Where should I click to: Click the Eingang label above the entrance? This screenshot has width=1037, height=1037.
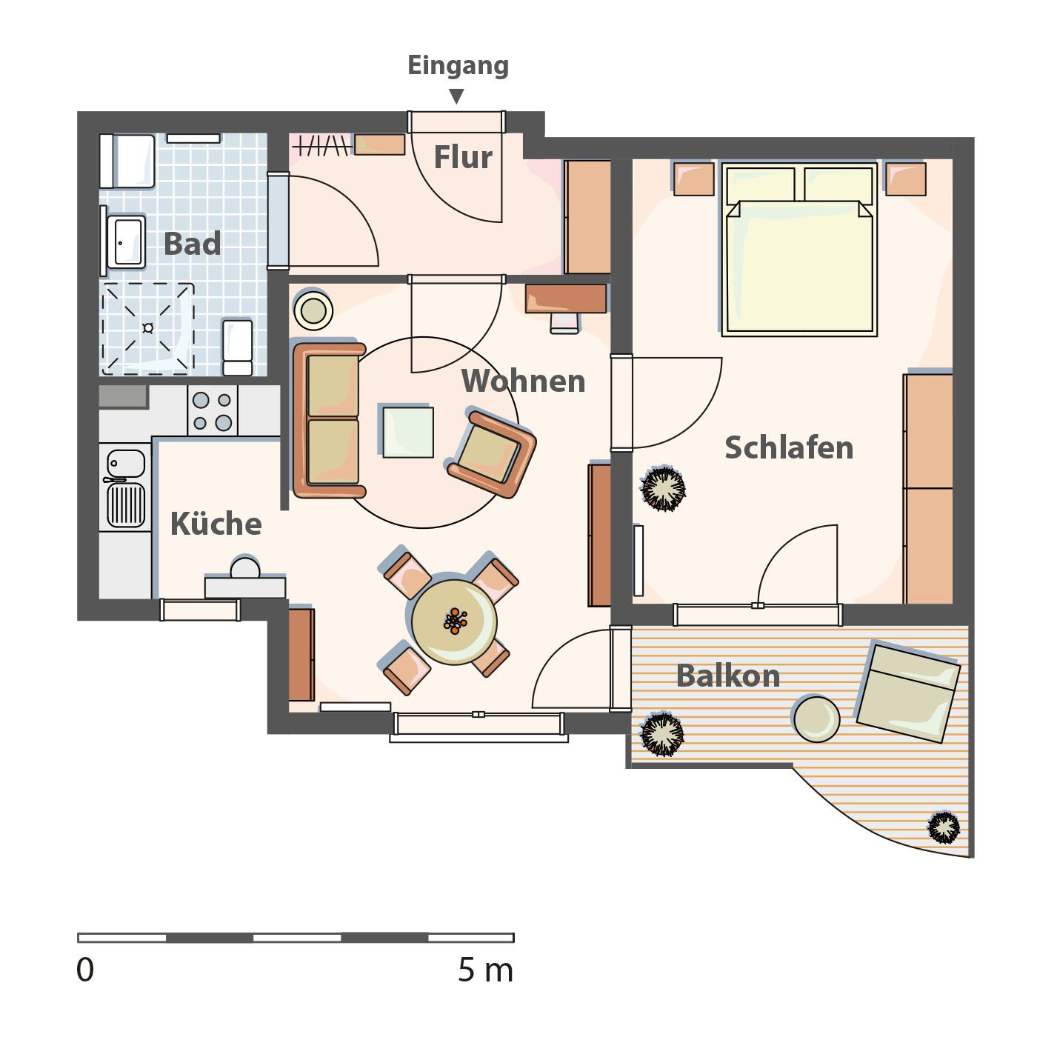pos(458,66)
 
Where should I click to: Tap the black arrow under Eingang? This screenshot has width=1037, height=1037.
pos(456,96)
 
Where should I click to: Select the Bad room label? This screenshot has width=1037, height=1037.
pos(192,243)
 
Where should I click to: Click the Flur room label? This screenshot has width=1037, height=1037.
pos(463,157)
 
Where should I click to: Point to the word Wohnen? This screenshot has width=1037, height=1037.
pos(523,381)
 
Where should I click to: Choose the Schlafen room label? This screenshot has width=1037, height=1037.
pos(789,447)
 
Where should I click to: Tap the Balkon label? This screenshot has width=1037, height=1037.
pos(727,676)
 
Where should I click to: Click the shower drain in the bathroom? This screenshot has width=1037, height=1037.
pos(148,327)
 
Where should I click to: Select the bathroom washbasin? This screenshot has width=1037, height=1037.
pos(126,241)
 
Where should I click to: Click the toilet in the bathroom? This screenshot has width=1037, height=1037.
pos(237,347)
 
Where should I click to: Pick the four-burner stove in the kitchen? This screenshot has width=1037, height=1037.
pos(213,410)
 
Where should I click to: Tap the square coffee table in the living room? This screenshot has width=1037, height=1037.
pos(408,432)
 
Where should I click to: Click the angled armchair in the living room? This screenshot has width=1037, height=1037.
pos(492,453)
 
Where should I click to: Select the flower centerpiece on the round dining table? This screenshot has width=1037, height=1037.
pos(456,621)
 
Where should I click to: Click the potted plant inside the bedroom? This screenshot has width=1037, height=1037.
pos(663,489)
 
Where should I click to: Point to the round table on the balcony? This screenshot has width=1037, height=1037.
pos(816,719)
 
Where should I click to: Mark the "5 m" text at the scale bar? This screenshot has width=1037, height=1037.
pos(485,970)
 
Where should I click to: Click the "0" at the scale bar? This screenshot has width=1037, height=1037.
pos(86,970)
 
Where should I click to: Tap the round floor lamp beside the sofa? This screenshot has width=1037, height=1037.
pos(313,310)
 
